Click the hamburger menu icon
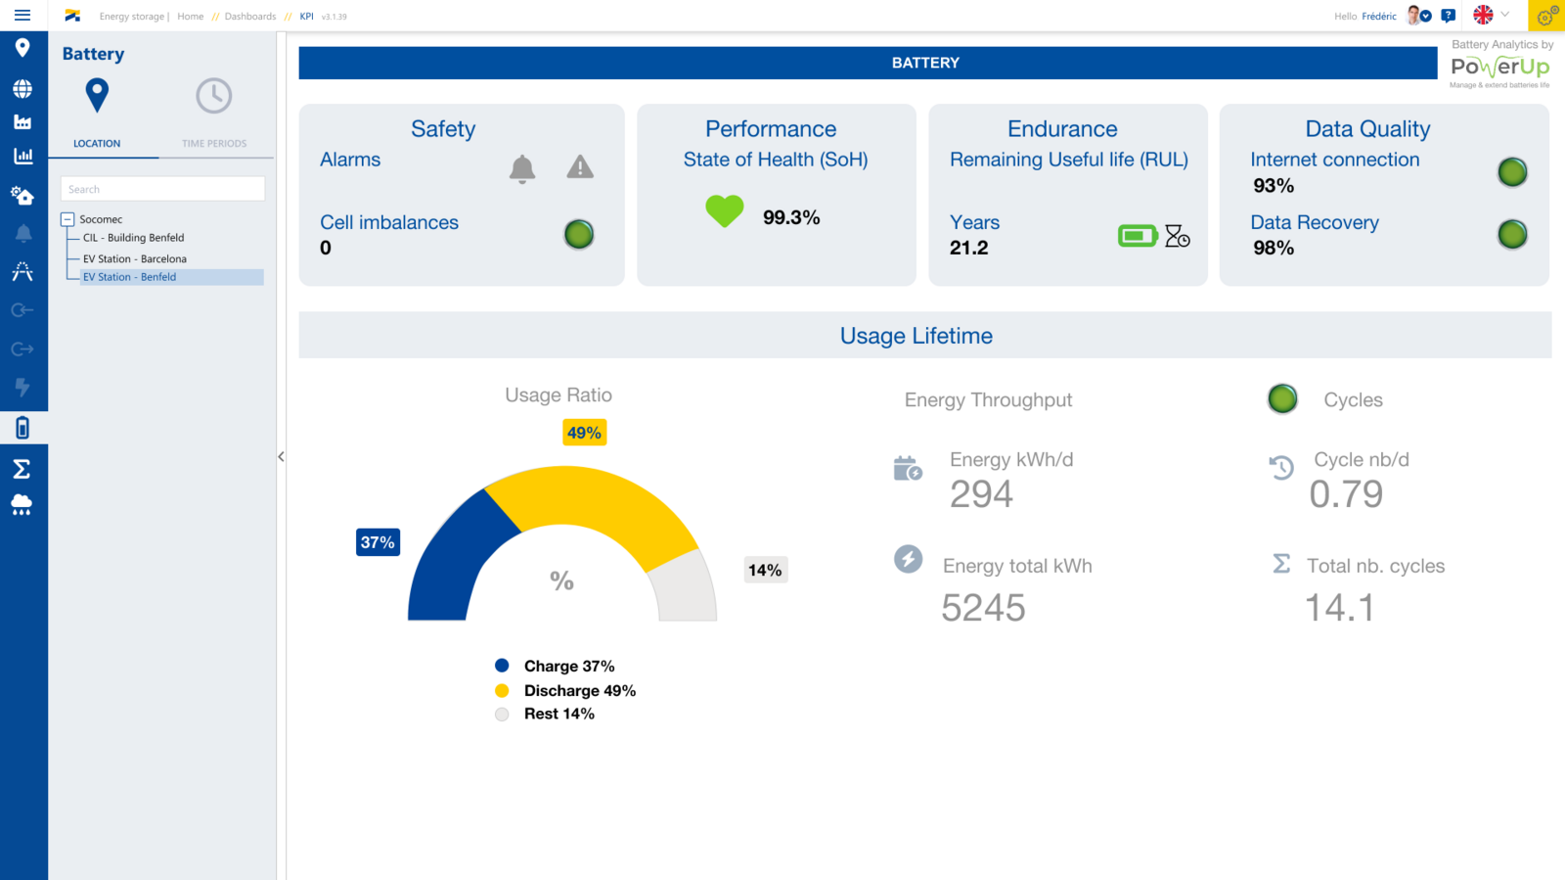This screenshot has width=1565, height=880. pyautogui.click(x=22, y=16)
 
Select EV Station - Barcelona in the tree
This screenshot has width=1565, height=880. pyautogui.click(x=134, y=259)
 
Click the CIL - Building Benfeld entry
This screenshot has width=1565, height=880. pyautogui.click(x=133, y=238)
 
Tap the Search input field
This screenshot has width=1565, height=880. pyautogui.click(x=162, y=189)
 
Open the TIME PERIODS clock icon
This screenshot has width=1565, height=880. pyautogui.click(x=213, y=96)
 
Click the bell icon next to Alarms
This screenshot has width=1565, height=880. pyautogui.click(x=522, y=168)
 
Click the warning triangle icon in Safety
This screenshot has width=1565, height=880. pyautogui.click(x=580, y=167)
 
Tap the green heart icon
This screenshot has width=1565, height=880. pyautogui.click(x=724, y=210)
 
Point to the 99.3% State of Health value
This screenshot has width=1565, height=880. pyautogui.click(x=791, y=217)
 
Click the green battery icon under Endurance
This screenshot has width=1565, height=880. pyautogui.click(x=1138, y=236)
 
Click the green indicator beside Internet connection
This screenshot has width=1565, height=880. pyautogui.click(x=1512, y=172)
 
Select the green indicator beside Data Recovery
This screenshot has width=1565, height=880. pyautogui.click(x=1512, y=234)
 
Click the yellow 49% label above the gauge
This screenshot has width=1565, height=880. pyautogui.click(x=584, y=433)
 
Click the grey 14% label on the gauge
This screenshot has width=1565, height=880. pyautogui.click(x=765, y=570)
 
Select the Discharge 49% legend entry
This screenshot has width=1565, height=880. pyautogui.click(x=579, y=690)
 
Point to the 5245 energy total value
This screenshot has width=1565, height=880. pyautogui.click(x=983, y=608)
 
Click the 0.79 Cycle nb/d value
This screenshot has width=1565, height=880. pyautogui.click(x=1346, y=494)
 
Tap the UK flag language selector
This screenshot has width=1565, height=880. pyautogui.click(x=1483, y=15)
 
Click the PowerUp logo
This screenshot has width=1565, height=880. pyautogui.click(x=1499, y=68)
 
